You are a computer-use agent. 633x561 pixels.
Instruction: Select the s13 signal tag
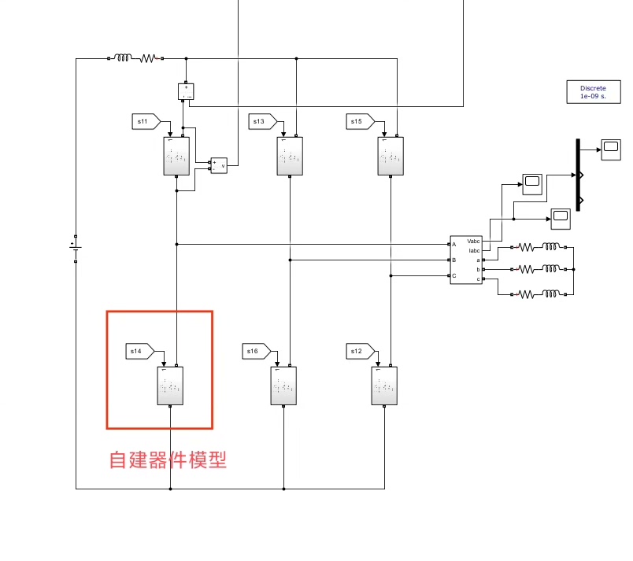(x=262, y=121)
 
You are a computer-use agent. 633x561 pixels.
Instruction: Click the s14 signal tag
(x=140, y=352)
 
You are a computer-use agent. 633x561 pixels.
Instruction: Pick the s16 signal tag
(x=256, y=351)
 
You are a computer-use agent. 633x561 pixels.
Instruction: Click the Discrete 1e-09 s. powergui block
(x=593, y=91)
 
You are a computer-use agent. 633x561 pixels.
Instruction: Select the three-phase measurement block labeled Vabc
(x=465, y=260)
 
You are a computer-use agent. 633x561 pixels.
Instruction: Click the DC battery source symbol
(x=76, y=249)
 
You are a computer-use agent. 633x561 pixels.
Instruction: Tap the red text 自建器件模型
(x=168, y=460)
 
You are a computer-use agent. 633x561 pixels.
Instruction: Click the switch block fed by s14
(x=170, y=386)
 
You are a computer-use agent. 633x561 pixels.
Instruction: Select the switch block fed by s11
(x=176, y=157)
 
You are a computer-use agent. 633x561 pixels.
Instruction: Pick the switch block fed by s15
(x=391, y=157)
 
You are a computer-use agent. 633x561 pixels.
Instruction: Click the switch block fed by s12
(x=384, y=386)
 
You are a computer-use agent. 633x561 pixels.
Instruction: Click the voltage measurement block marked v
(x=218, y=165)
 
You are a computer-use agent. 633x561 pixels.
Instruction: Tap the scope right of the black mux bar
(x=611, y=148)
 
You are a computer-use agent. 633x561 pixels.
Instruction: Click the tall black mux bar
(x=578, y=175)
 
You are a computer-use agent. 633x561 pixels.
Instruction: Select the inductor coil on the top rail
(x=122, y=57)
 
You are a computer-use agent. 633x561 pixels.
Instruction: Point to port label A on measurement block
(x=454, y=245)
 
